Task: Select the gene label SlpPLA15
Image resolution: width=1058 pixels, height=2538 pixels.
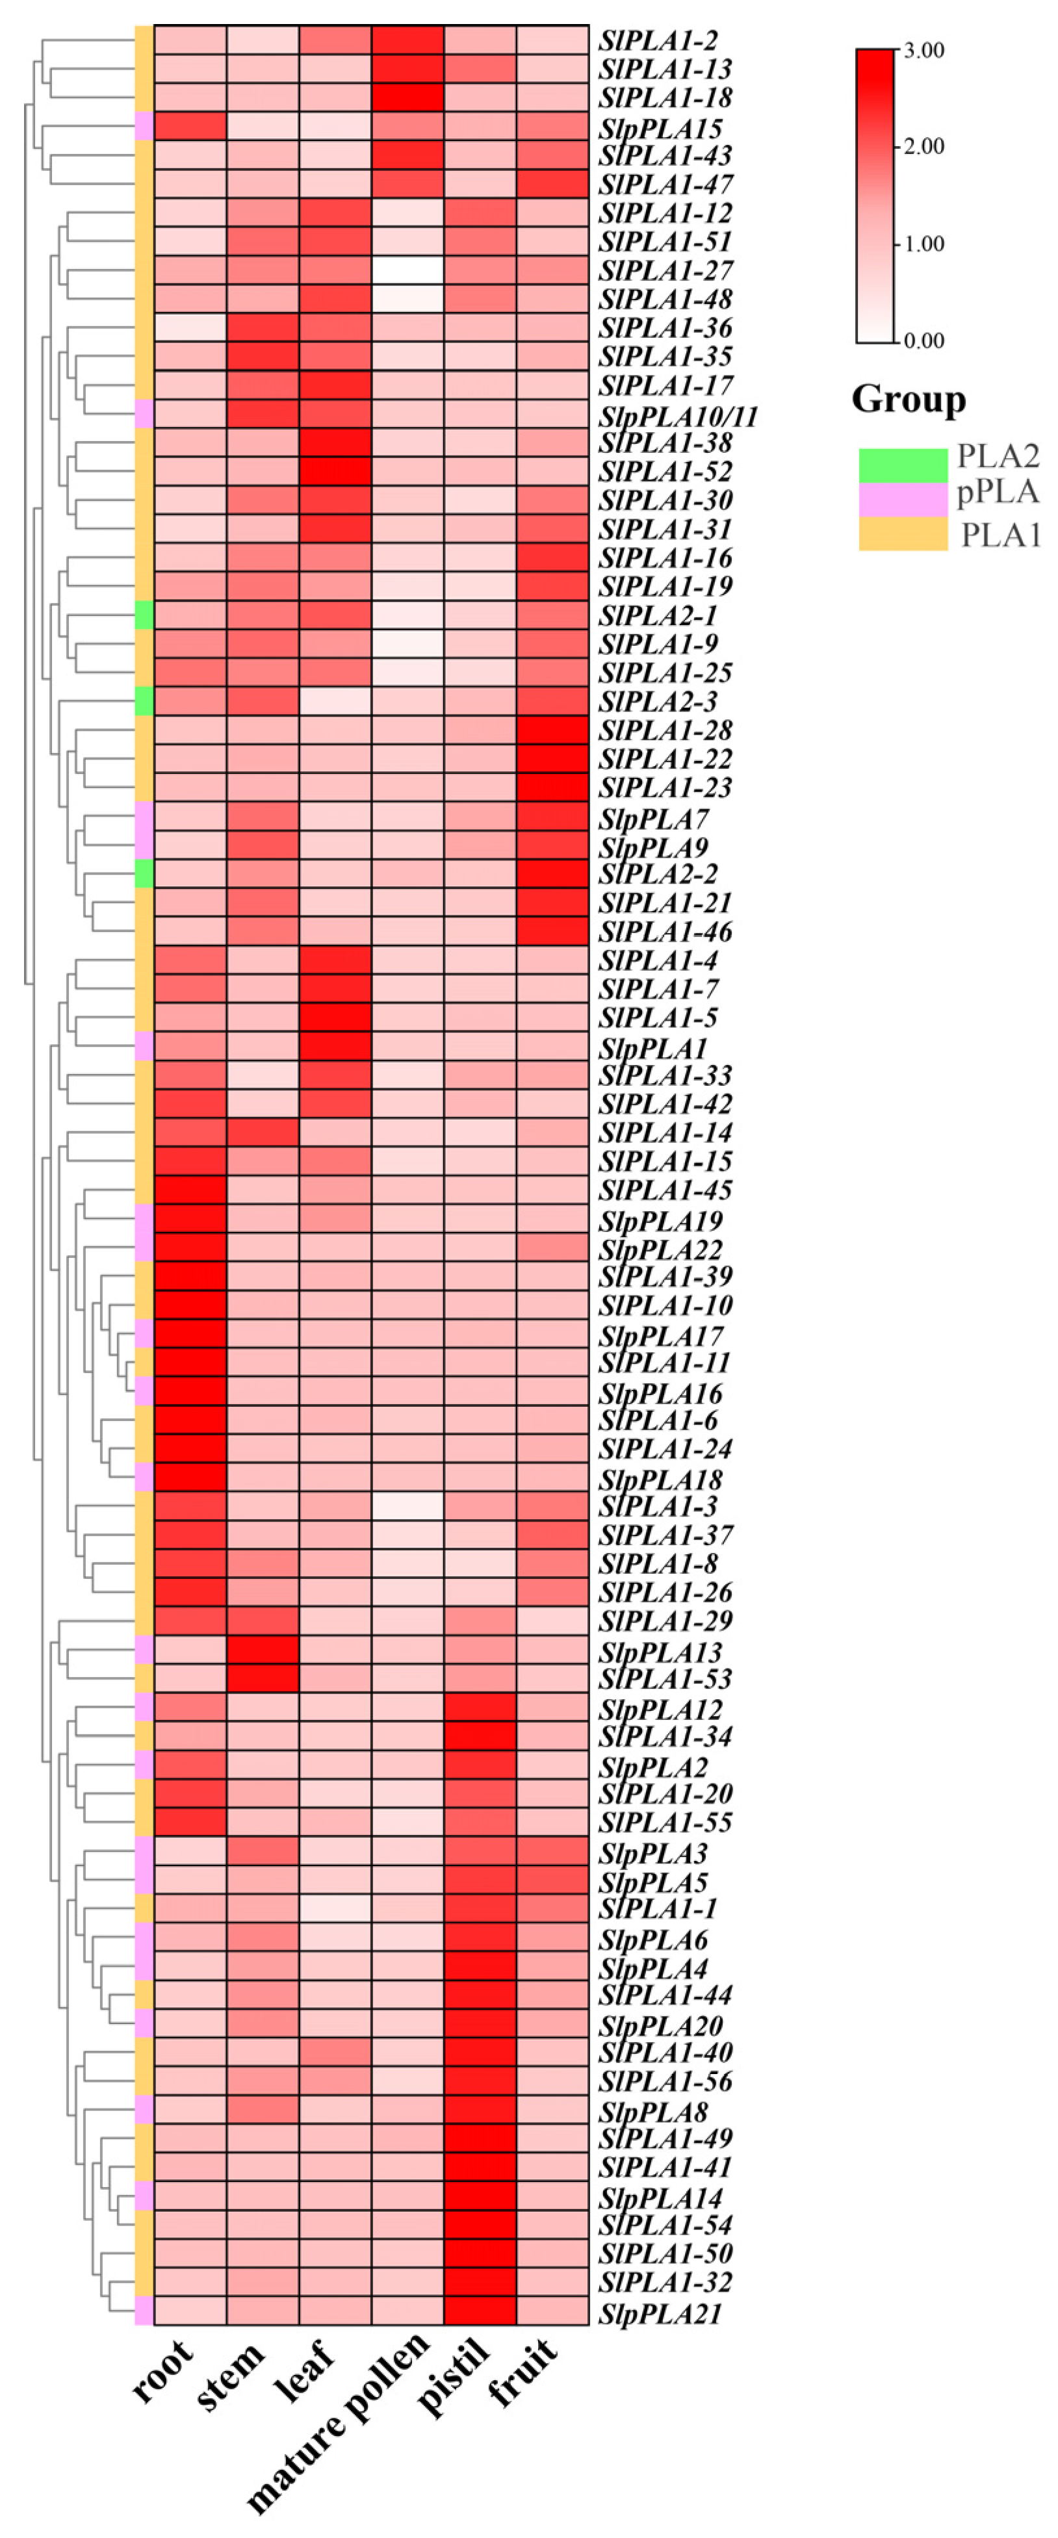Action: tap(660, 128)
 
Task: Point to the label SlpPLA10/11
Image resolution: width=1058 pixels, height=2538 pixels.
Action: tap(678, 416)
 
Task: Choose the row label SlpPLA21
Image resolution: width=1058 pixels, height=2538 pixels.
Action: tap(660, 2313)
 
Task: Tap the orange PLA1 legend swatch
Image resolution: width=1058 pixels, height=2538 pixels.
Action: tap(902, 534)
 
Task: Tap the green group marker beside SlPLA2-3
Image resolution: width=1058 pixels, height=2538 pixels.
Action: tap(144, 700)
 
